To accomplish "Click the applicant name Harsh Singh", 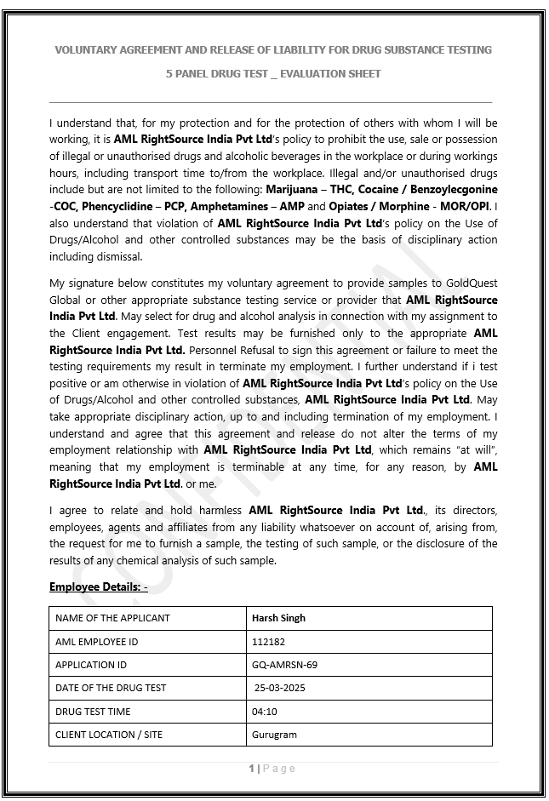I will [x=278, y=618].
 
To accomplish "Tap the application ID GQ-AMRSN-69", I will [x=284, y=665].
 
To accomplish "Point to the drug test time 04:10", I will [x=265, y=712].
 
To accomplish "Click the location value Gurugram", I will [x=274, y=735].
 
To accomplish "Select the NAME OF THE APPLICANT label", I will [x=112, y=618].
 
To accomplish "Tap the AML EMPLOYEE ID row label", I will [x=96, y=641].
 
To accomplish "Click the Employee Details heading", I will [x=98, y=586].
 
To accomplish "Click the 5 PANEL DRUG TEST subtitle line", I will [x=273, y=74].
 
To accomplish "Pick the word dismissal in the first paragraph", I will [x=120, y=256].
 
